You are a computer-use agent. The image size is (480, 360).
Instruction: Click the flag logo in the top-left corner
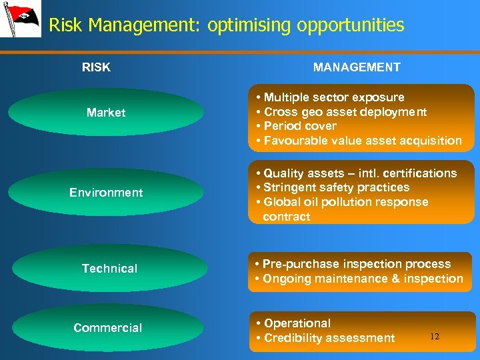point(19,20)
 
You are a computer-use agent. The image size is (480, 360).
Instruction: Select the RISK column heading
point(96,67)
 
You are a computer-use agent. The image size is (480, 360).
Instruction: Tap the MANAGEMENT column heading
point(357,67)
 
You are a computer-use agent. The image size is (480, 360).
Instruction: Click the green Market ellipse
point(107,113)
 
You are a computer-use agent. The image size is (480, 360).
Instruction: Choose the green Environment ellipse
point(107,193)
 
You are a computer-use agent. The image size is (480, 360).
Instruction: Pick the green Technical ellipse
point(110,269)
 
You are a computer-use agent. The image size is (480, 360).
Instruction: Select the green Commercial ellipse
point(108,328)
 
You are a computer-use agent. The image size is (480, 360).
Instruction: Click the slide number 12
point(435,337)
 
